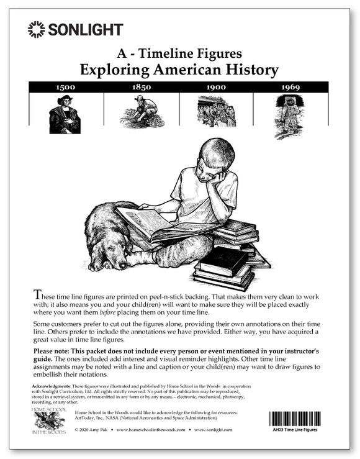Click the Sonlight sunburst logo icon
point(37,29)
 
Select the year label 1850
point(142,87)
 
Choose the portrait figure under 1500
point(65,115)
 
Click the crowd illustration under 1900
point(216,112)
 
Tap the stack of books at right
point(230,255)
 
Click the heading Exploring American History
point(179,69)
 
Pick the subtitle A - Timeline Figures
point(179,53)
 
